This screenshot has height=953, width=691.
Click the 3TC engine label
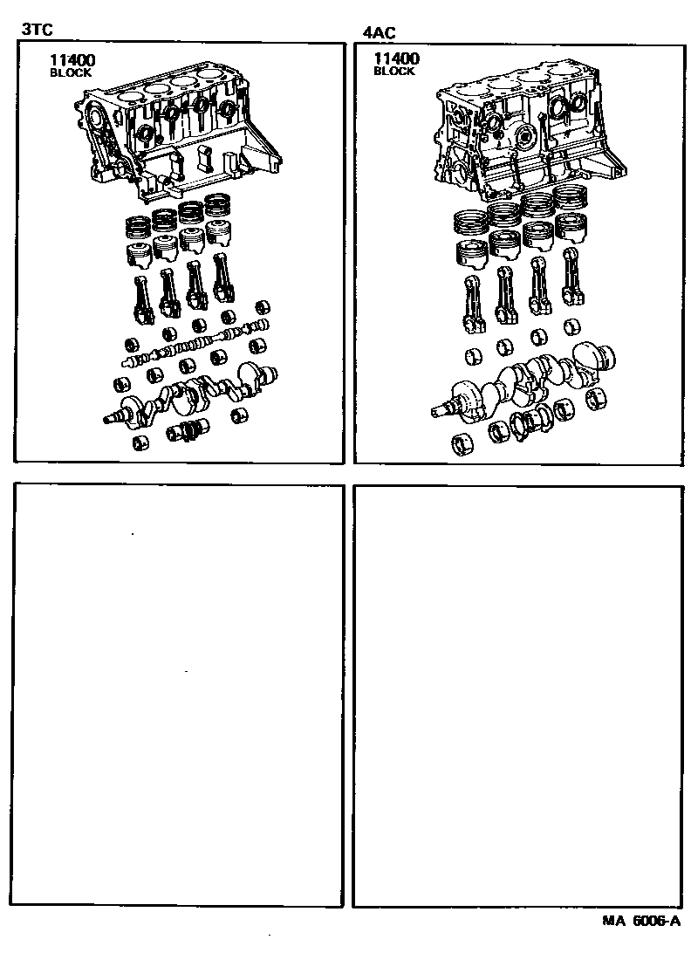click(x=37, y=29)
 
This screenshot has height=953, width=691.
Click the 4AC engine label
click(x=380, y=32)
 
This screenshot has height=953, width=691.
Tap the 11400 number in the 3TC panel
click(x=72, y=59)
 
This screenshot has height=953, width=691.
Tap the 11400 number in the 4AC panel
click(x=396, y=58)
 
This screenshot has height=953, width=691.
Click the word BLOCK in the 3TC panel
click(x=71, y=72)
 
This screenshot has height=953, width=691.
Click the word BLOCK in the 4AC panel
click(x=394, y=71)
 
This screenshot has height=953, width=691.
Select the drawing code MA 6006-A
click(x=641, y=921)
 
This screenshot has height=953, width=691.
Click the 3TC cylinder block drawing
click(x=179, y=134)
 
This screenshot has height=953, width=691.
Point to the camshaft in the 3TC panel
click(x=195, y=346)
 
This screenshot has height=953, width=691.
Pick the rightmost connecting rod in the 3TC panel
click(x=223, y=278)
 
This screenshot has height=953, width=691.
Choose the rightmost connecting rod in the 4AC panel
click(x=571, y=277)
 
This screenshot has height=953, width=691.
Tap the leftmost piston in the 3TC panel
click(x=139, y=254)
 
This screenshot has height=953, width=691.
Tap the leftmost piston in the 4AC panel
click(x=472, y=255)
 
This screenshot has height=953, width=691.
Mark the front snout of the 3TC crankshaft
click(x=113, y=417)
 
